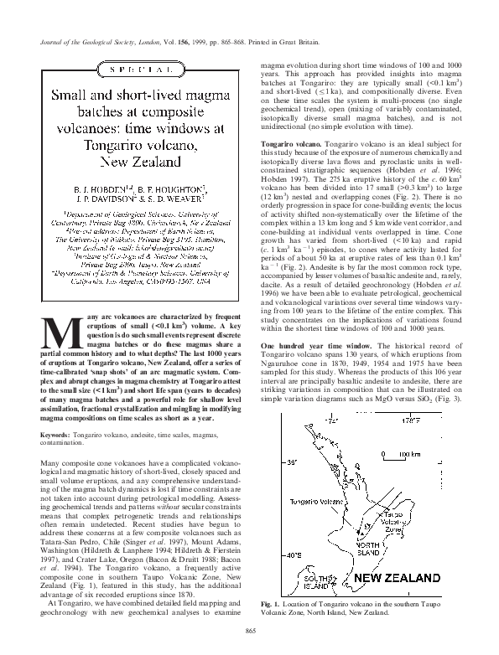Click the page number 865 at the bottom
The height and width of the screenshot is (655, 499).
click(248, 631)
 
